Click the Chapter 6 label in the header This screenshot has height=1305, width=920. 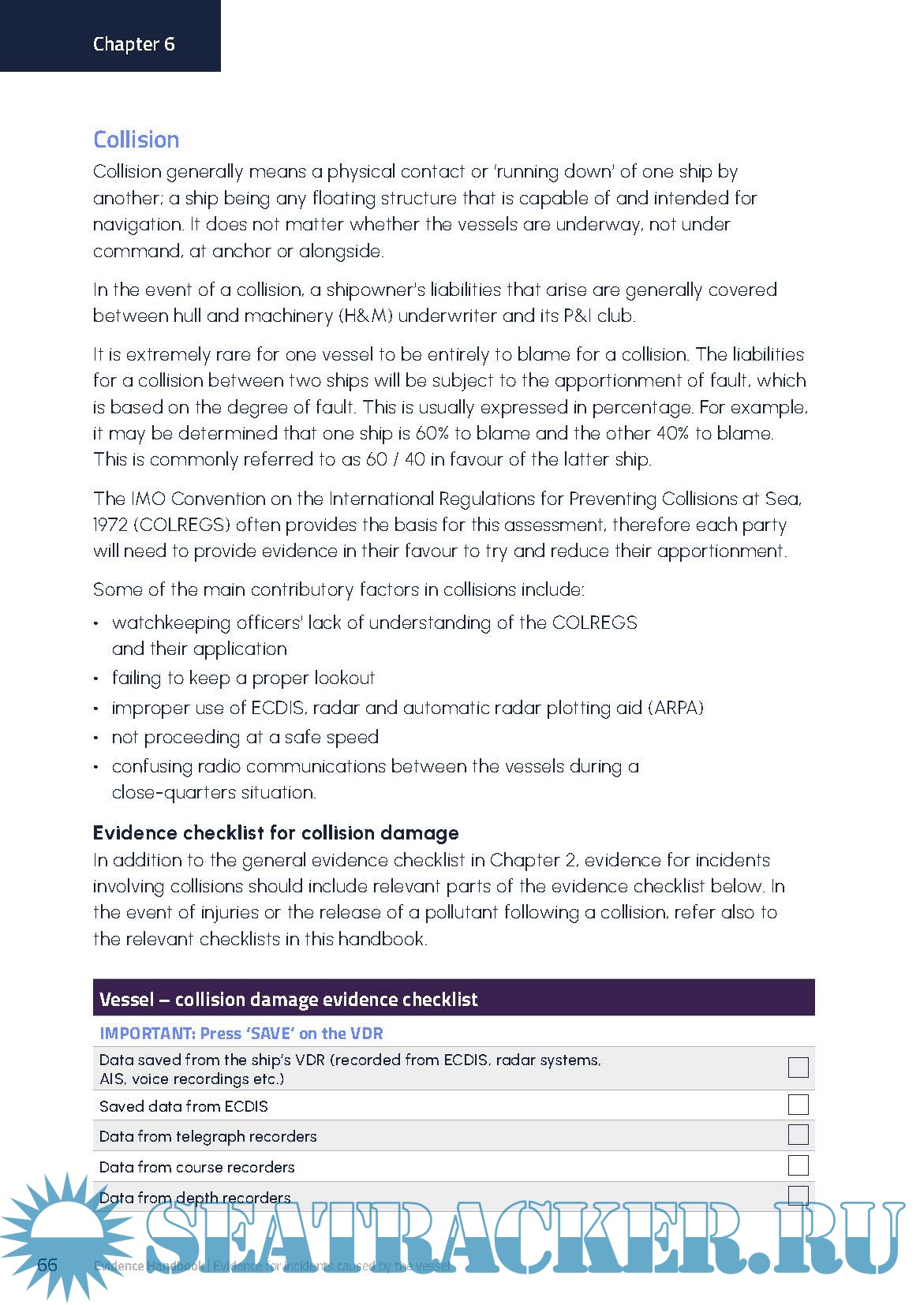coord(133,44)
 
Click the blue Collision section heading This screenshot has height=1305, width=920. coord(136,140)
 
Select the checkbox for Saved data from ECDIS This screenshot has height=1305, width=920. coord(798,1105)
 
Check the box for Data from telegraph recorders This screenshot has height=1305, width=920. coord(798,1135)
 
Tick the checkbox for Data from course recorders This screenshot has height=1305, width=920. coord(798,1165)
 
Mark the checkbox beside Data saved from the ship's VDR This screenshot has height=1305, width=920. coord(798,1068)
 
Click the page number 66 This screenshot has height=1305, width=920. coord(47,1265)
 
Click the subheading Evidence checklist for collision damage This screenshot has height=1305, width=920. coord(275,833)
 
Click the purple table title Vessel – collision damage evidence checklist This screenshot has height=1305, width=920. coord(288,1000)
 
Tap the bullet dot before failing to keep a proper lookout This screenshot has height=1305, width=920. coord(96,679)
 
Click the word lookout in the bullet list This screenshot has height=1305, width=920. coord(344,679)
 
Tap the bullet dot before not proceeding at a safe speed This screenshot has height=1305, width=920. coord(96,739)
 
